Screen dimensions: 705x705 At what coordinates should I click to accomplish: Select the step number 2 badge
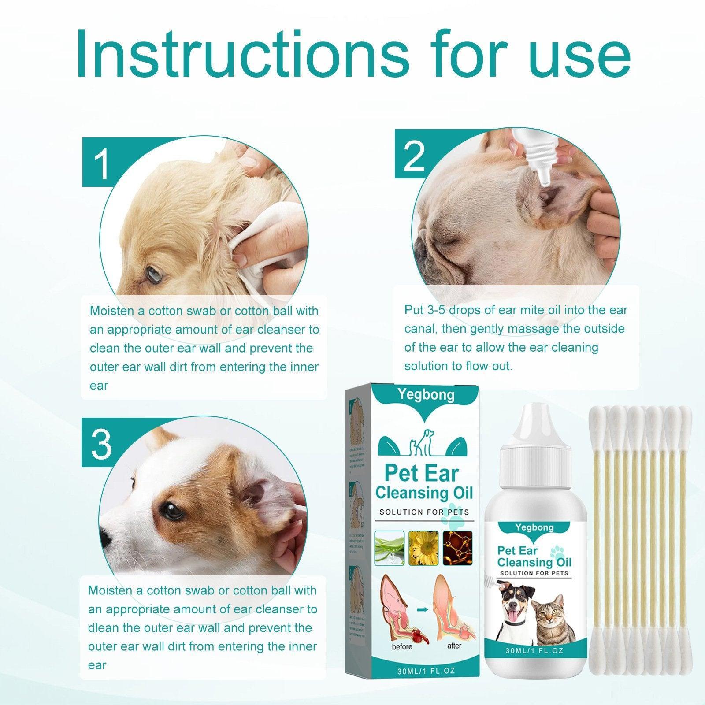click(414, 155)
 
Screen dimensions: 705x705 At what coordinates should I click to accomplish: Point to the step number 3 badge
click(101, 442)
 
